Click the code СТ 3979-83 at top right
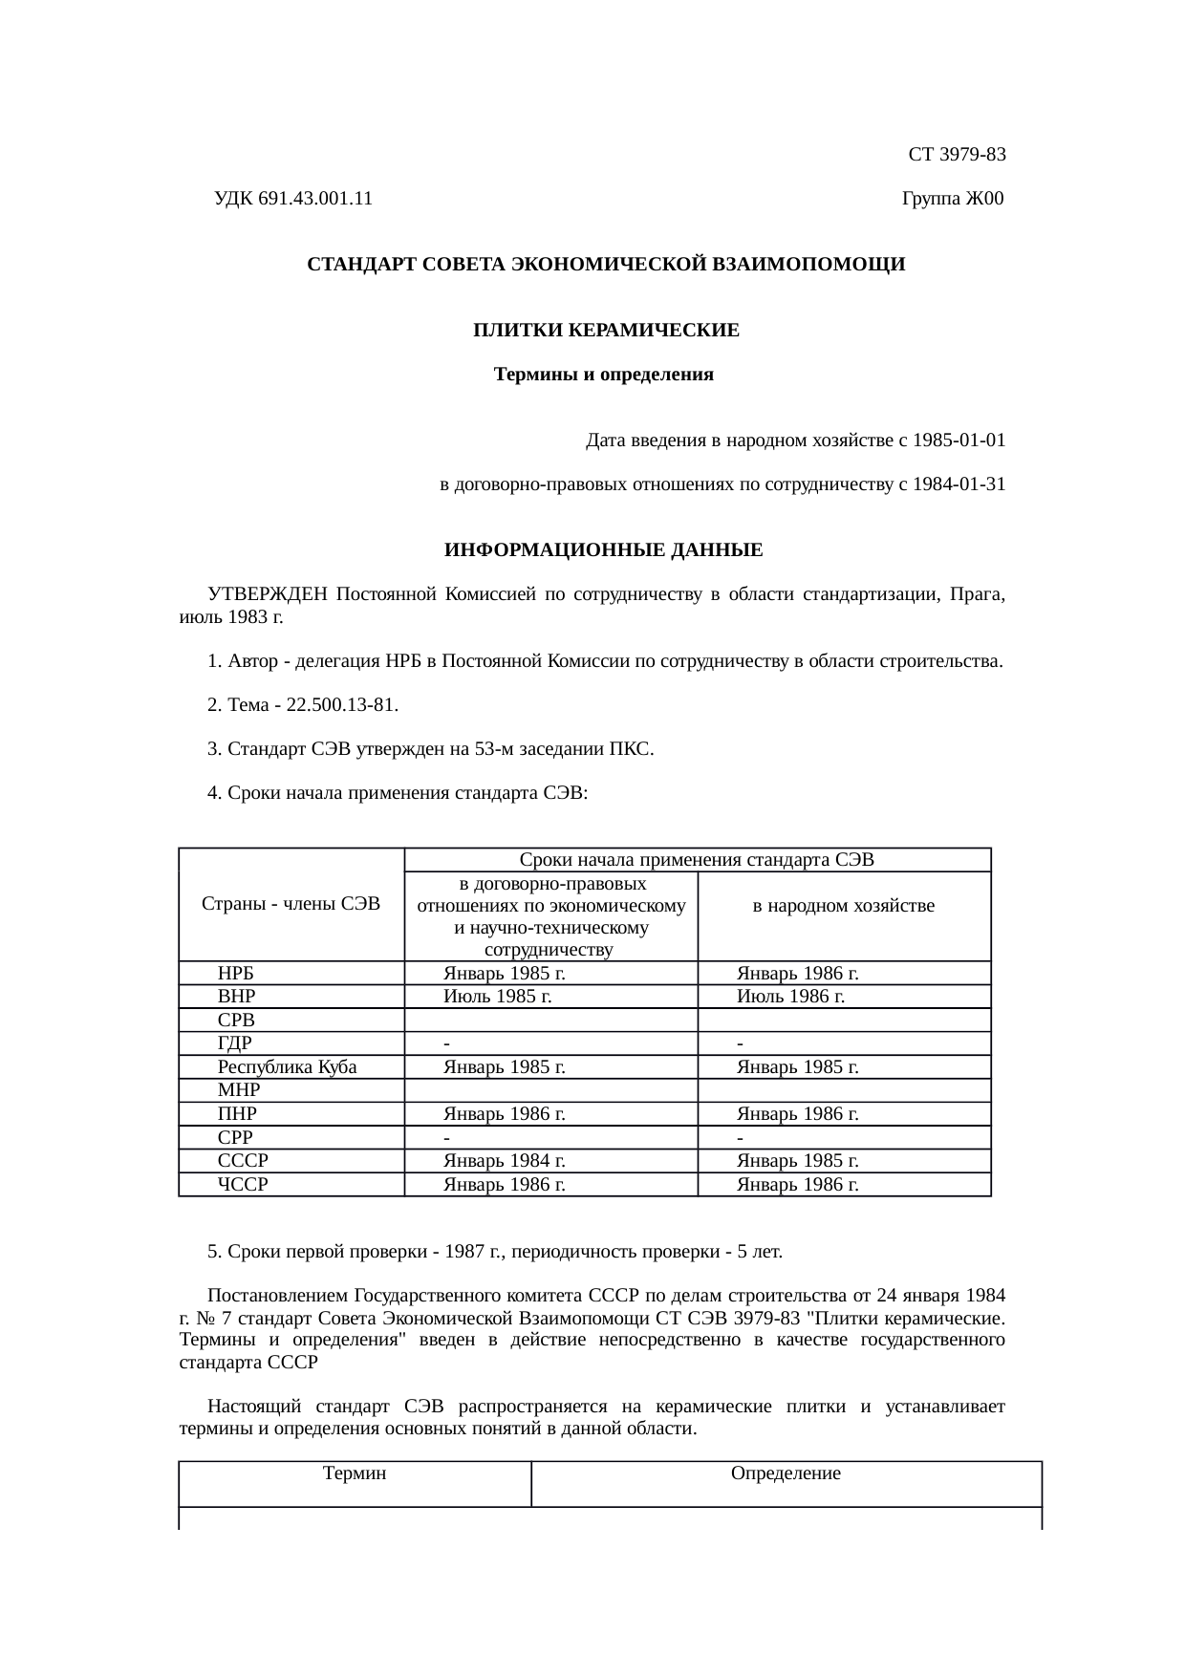957,154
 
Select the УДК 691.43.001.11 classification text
292,199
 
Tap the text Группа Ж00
953,199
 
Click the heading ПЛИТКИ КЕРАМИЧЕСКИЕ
606,331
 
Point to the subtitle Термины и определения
604,375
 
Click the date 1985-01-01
959,441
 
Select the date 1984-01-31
959,484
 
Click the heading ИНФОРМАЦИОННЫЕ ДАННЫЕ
604,550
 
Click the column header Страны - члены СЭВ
291,904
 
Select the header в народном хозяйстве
844,906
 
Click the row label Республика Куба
287,1067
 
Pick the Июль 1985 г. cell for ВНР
498,997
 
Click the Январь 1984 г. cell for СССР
505,1161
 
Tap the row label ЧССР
243,1185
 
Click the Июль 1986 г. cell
791,997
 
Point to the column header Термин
355,1473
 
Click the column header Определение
786,1473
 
